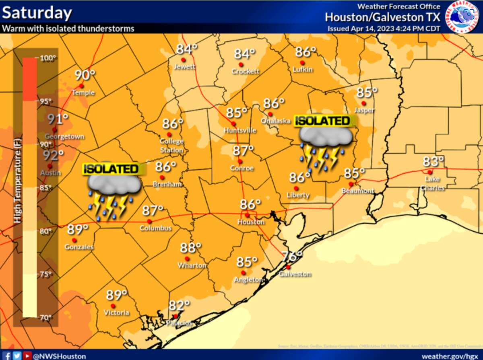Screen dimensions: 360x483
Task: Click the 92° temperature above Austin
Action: click(54, 155)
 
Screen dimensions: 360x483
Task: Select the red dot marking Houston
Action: click(247, 215)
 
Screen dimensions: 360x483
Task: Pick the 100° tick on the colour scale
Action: click(48, 58)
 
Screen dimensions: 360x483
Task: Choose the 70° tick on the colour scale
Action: click(45, 317)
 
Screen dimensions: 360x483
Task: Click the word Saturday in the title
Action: click(37, 13)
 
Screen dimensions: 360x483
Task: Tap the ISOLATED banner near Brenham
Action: click(111, 169)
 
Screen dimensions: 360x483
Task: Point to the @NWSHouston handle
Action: click(59, 356)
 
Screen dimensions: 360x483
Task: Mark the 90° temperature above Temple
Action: click(85, 75)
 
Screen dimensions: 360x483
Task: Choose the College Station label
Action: click(171, 146)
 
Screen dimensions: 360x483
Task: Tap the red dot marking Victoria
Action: click(113, 306)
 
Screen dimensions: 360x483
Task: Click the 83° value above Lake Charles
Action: click(433, 162)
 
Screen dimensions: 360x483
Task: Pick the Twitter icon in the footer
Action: click(17, 356)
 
